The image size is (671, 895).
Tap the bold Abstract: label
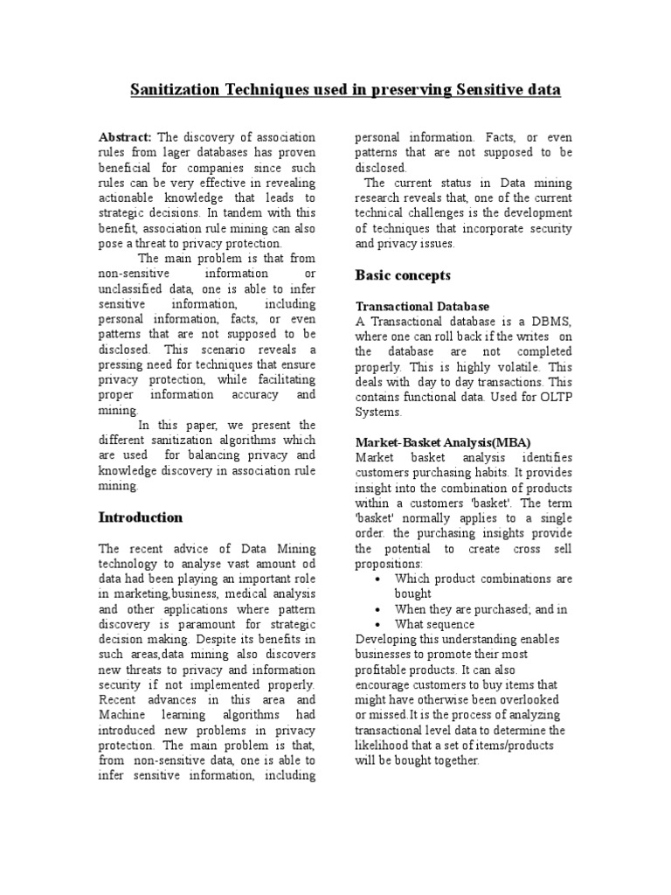pos(125,137)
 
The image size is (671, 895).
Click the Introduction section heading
pos(140,517)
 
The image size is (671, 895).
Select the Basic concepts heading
pos(403,275)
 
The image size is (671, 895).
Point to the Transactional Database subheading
pos(422,307)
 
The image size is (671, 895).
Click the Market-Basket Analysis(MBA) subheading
pos(442,442)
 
